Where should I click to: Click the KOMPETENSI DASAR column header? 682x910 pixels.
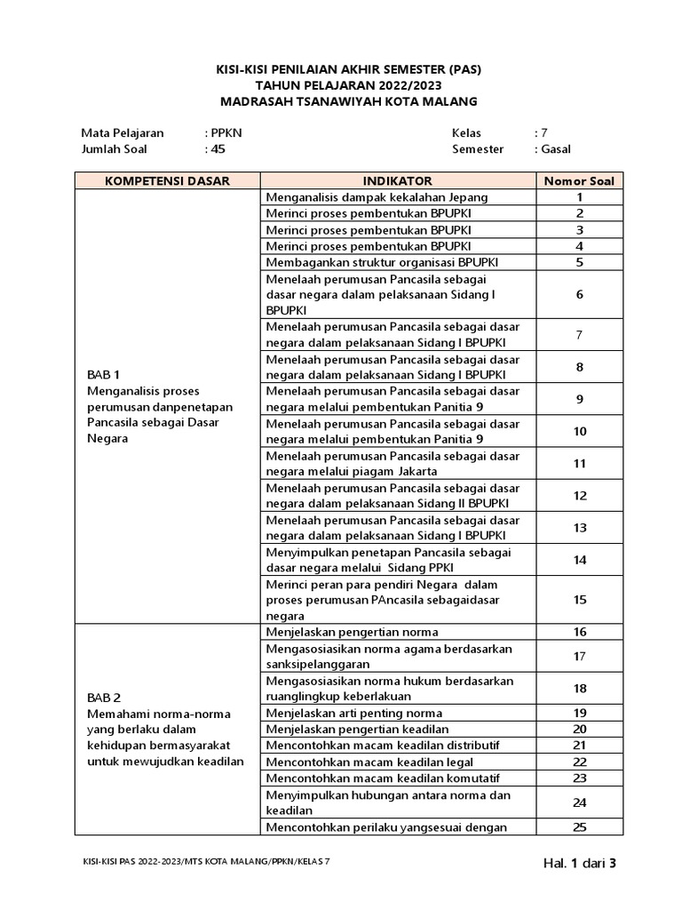pyautogui.click(x=167, y=180)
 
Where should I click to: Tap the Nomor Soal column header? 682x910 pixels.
pyautogui.click(x=579, y=180)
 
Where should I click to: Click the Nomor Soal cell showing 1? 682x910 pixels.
pyautogui.click(x=579, y=197)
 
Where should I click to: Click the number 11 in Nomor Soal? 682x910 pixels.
pyautogui.click(x=579, y=463)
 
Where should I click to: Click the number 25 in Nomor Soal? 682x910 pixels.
pyautogui.click(x=579, y=827)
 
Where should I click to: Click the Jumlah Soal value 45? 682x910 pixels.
pyautogui.click(x=218, y=149)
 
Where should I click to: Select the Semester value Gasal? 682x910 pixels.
pyautogui.click(x=556, y=149)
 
